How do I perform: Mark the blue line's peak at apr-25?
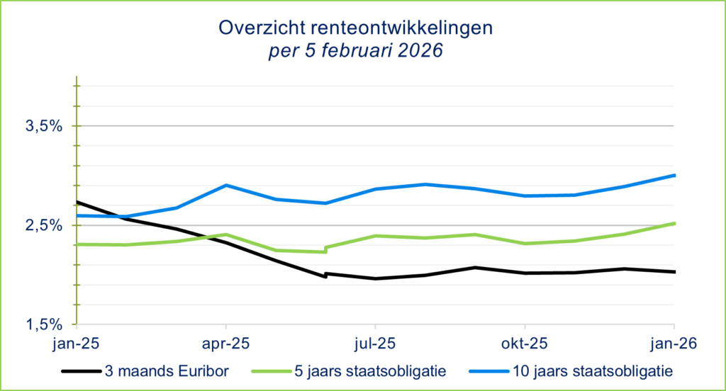(x=225, y=186)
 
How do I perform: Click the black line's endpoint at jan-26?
(x=673, y=271)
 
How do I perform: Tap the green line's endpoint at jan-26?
(x=673, y=223)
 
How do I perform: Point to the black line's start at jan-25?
(x=77, y=202)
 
